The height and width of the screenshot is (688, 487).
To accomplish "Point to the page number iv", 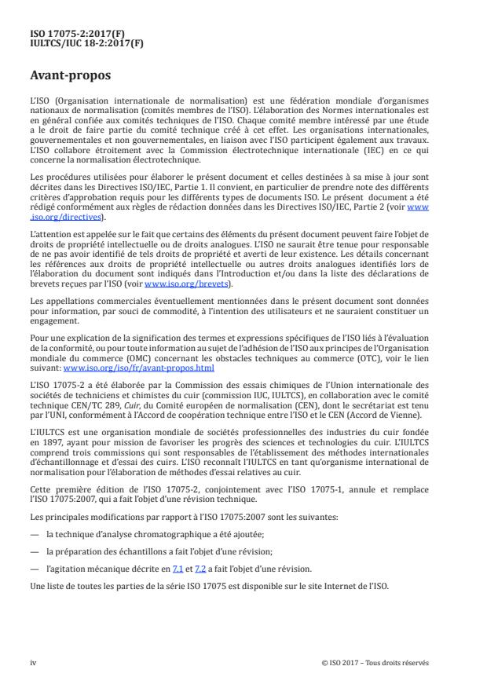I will [33, 662].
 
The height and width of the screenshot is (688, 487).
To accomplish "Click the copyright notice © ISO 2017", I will [346, 662].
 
